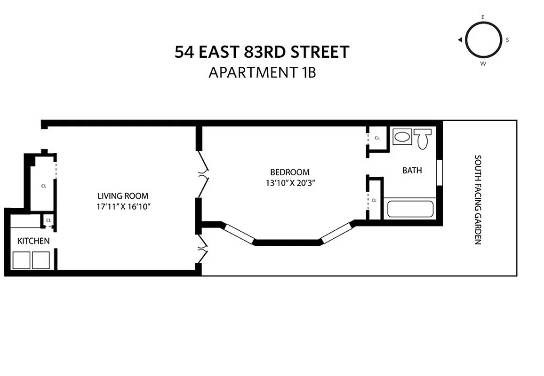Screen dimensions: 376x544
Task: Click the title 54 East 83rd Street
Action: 262,52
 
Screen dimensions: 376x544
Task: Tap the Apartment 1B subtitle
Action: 262,72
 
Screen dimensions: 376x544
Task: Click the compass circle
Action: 483,39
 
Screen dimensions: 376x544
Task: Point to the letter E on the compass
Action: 483,17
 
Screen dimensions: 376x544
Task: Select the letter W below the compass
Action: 483,63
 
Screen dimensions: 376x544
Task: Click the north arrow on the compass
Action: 459,40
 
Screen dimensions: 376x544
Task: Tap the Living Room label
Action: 123,196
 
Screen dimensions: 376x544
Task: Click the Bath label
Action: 412,170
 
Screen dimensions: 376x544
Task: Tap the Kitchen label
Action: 33,241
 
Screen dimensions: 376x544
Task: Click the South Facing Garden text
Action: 478,200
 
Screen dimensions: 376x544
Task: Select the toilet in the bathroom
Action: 423,139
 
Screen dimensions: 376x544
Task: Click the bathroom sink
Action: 402,138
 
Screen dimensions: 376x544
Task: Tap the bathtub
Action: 410,209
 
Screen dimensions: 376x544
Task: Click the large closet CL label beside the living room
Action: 44,186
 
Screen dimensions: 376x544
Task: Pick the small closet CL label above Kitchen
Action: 48,220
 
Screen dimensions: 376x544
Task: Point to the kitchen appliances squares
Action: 31,260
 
